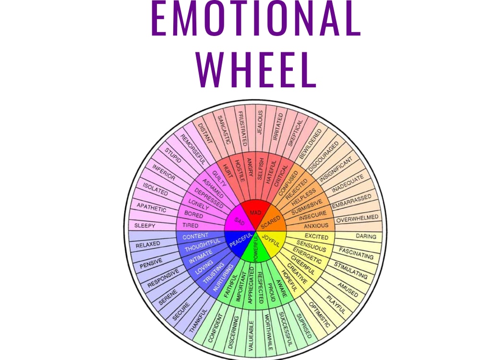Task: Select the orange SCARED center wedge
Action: point(271,220)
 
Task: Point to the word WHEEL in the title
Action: point(256,70)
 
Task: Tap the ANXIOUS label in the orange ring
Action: point(316,226)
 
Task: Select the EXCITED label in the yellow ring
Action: point(316,236)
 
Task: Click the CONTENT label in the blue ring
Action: point(195,236)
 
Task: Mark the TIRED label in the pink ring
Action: point(191,225)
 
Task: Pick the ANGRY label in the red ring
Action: point(250,167)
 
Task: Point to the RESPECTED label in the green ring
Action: point(260,287)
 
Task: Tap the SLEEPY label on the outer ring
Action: point(144,226)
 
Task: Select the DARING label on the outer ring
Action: point(366,236)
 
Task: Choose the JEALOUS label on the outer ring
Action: point(260,122)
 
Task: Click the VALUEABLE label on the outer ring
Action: point(251,336)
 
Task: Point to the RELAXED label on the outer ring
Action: point(148,244)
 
